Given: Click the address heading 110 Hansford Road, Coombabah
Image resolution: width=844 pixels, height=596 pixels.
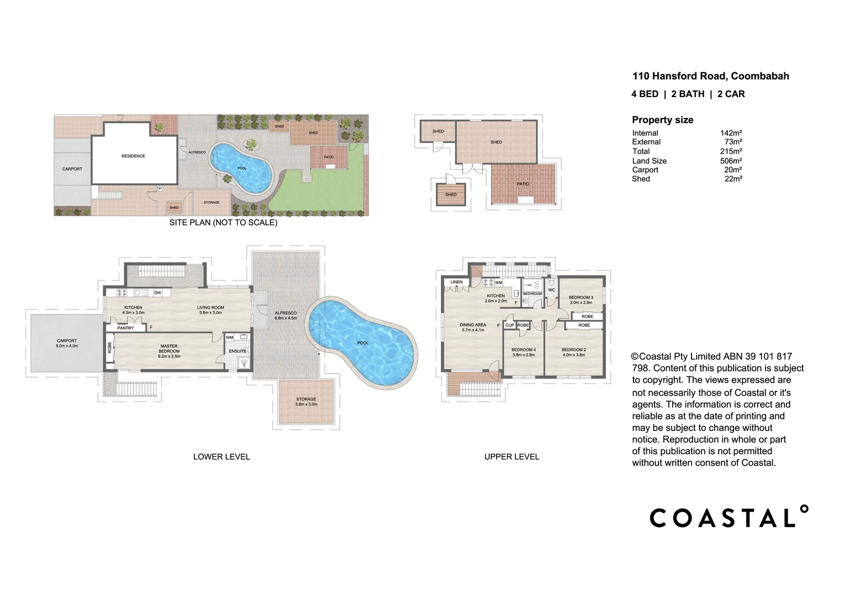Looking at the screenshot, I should [x=710, y=76].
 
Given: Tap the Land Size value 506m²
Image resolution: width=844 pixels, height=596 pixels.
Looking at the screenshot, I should [x=731, y=161].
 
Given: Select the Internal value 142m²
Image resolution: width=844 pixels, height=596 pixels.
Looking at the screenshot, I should [x=731, y=133].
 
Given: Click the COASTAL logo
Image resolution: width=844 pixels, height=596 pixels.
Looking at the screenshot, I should [x=729, y=517].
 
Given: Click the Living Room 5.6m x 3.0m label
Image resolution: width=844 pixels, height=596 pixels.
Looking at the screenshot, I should [x=210, y=310].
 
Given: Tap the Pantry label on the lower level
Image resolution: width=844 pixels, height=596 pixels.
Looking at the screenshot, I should [x=125, y=328].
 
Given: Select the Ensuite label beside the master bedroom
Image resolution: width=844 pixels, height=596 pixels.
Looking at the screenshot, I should [x=238, y=351].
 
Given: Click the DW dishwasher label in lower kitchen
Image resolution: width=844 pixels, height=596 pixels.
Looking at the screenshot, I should [x=157, y=292].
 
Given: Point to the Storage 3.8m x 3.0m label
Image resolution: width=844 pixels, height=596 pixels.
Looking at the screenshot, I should [x=306, y=401].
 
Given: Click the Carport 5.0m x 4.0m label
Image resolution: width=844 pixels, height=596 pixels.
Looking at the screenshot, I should [x=67, y=343].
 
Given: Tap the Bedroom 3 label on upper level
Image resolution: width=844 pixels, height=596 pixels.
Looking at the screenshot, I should [x=581, y=300].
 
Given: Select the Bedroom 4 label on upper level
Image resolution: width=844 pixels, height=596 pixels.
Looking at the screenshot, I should [x=523, y=352].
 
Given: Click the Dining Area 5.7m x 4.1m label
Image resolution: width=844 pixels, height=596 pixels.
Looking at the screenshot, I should [x=473, y=327].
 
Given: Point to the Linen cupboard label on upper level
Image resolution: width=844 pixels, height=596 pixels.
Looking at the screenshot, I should [x=456, y=282].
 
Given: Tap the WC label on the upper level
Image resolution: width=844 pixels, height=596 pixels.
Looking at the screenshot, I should [x=551, y=290].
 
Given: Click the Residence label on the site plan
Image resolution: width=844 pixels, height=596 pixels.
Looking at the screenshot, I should [x=133, y=156].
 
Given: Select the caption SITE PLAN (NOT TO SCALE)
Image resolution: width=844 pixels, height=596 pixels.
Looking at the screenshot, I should [x=223, y=222].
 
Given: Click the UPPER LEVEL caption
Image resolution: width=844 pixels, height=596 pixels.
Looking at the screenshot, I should [x=511, y=456].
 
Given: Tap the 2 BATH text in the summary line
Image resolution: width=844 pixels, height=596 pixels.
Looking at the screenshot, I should [x=688, y=94].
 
